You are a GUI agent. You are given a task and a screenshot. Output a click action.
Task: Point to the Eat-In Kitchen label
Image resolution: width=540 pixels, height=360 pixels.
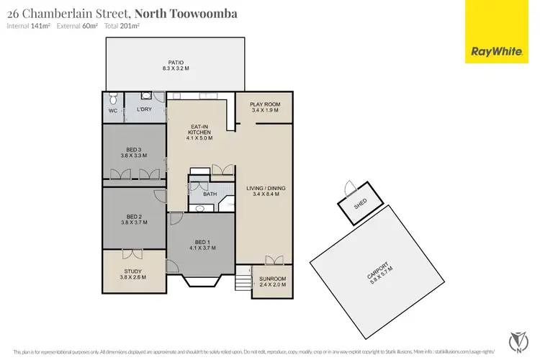point(198,132)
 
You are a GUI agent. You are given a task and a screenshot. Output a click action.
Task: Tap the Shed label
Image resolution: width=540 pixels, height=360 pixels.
point(360,204)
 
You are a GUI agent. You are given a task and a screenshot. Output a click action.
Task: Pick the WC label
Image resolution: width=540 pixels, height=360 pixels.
point(112,111)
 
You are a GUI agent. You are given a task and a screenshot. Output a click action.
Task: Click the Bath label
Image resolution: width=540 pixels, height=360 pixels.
point(210,194)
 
